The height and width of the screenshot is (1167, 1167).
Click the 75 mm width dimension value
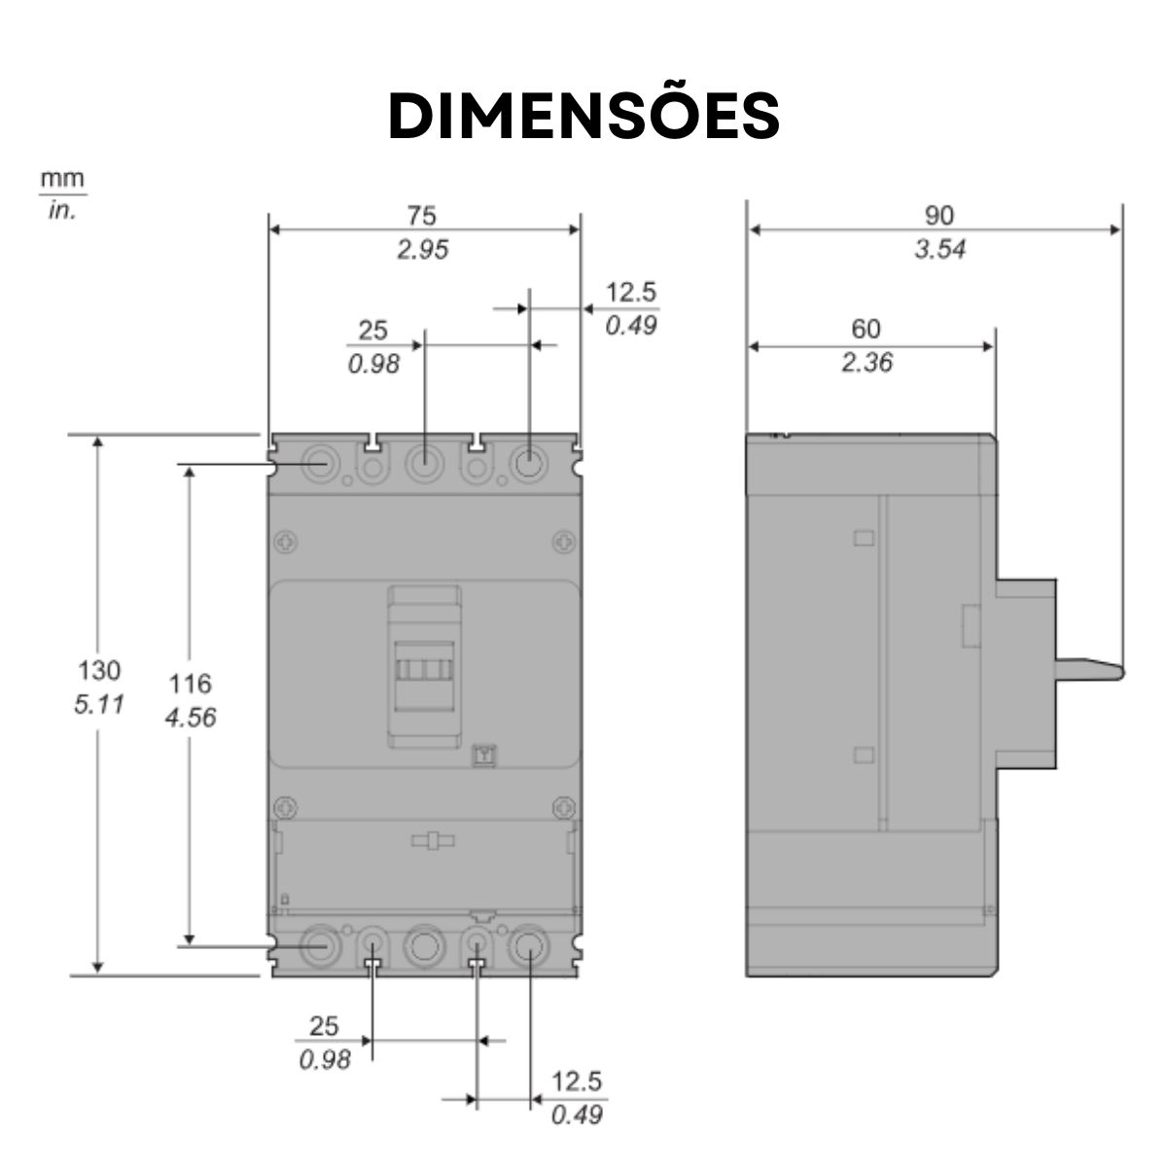[x=422, y=215]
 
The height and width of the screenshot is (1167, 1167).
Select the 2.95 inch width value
[x=422, y=250]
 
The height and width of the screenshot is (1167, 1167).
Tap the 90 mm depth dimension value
[x=939, y=215]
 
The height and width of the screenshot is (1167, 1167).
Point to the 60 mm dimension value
[x=866, y=329]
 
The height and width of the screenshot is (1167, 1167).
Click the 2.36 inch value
[x=866, y=364]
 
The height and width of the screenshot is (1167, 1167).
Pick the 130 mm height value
[x=99, y=670]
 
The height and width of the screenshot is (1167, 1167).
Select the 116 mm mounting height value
[x=190, y=684]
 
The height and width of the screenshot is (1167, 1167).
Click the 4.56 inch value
[x=190, y=718]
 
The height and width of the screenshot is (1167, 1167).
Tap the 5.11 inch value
[x=99, y=703]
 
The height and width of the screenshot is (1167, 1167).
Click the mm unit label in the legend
[x=62, y=179]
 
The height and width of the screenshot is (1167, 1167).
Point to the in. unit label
[x=62, y=209]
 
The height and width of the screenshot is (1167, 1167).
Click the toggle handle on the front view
[x=424, y=671]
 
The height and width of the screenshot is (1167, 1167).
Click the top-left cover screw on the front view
[x=285, y=541]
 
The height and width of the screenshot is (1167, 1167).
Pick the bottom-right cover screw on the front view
[x=562, y=806]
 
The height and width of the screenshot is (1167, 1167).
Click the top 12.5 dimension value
[x=631, y=292]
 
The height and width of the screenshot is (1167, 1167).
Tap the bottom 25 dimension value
[x=324, y=1025]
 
